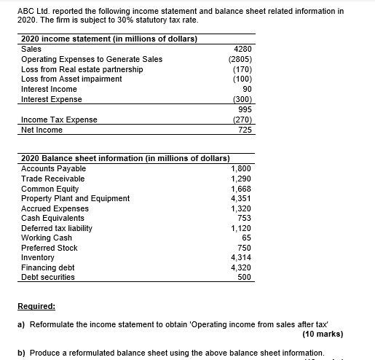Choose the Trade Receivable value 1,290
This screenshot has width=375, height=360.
coord(240,179)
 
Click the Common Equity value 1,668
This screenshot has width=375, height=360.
coord(240,188)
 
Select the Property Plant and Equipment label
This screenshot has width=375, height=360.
coord(76,198)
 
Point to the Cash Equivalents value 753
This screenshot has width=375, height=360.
coord(243,218)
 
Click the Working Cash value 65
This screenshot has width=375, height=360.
coord(246,238)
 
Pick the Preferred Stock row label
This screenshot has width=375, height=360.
coord(50,248)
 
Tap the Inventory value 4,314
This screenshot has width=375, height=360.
coord(240,257)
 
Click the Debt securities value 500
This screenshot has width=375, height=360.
coord(244,277)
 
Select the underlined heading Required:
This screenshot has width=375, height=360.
coord(36,308)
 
